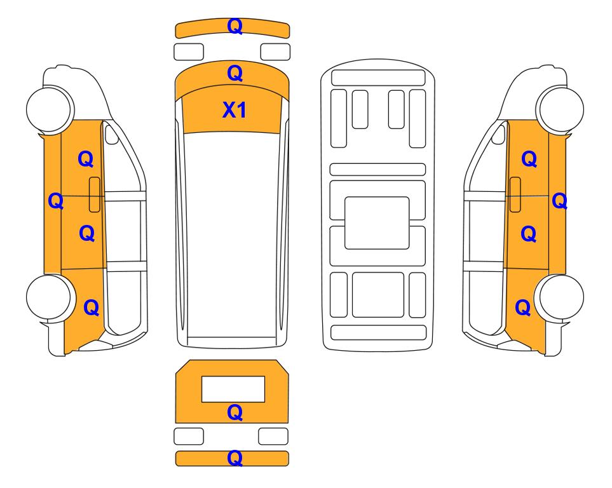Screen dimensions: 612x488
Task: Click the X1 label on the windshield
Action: pyautogui.click(x=234, y=110)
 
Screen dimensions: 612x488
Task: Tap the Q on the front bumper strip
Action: pyautogui.click(x=235, y=26)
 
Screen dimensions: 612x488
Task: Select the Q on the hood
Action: pyautogui.click(x=235, y=73)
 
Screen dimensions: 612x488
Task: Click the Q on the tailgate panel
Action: pyautogui.click(x=235, y=412)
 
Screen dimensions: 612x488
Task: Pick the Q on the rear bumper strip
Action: pyautogui.click(x=235, y=458)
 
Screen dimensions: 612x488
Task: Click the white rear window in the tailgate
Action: pyautogui.click(x=233, y=390)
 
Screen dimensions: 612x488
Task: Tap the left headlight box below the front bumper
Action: pyautogui.click(x=189, y=52)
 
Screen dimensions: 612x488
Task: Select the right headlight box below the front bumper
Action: pyautogui.click(x=275, y=52)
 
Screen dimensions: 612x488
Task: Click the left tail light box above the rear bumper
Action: pyautogui.click(x=189, y=436)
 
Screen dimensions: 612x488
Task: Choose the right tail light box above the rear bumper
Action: pyautogui.click(x=273, y=436)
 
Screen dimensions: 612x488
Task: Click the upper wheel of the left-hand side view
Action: pyautogui.click(x=50, y=109)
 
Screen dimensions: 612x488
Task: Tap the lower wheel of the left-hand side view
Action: pyautogui.click(x=50, y=297)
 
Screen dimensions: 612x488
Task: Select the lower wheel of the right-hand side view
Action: pyautogui.click(x=560, y=297)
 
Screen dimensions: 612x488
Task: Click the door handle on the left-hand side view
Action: pyautogui.click(x=95, y=194)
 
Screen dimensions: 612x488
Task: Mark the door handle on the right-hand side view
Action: pyautogui.click(x=515, y=194)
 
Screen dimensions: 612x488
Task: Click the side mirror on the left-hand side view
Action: pyautogui.click(x=112, y=134)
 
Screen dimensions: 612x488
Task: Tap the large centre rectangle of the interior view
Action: pyautogui.click(x=377, y=223)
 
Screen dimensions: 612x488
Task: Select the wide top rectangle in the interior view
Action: pyautogui.click(x=378, y=78)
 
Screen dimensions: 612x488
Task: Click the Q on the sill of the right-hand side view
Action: pyautogui.click(x=559, y=201)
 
